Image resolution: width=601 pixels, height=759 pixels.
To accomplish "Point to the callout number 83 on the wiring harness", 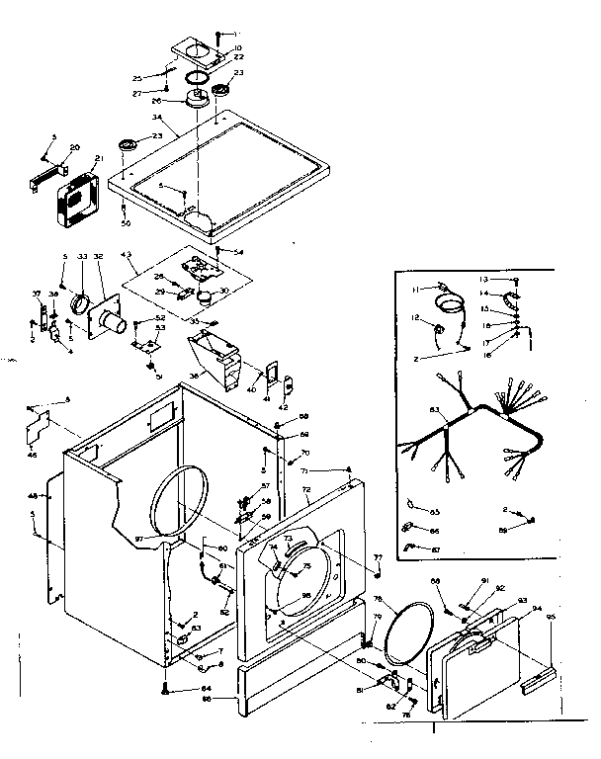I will [x=406, y=409].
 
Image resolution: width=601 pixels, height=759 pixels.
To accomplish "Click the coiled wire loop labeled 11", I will [x=451, y=297].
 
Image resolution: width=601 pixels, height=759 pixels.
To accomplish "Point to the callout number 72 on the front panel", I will [x=306, y=491].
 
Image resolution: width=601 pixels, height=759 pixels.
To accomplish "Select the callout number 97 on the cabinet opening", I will [x=139, y=539].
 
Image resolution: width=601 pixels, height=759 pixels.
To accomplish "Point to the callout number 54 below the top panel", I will [x=237, y=254].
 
